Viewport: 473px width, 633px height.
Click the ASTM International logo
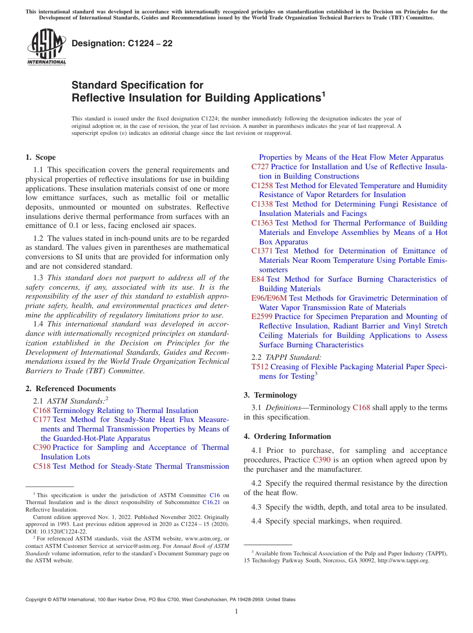(46, 48)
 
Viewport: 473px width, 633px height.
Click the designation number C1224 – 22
(122, 43)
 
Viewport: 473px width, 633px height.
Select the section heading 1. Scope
(40, 157)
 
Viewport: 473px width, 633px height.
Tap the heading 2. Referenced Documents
(71, 389)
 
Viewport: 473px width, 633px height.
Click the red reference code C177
(42, 420)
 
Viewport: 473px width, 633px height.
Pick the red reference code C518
(42, 466)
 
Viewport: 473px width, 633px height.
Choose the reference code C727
(260, 167)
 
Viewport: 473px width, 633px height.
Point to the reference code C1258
(262, 186)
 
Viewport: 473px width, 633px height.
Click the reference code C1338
(262, 204)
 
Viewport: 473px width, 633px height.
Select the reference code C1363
(262, 223)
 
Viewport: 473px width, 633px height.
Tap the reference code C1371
(262, 251)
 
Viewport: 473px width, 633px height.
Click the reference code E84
(258, 279)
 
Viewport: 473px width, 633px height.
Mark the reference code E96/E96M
(269, 298)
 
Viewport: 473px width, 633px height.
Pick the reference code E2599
(262, 316)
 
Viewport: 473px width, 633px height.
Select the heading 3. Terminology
(270, 395)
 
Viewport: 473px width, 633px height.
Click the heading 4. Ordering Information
(287, 436)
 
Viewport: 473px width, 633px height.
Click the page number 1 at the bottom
(236, 611)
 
